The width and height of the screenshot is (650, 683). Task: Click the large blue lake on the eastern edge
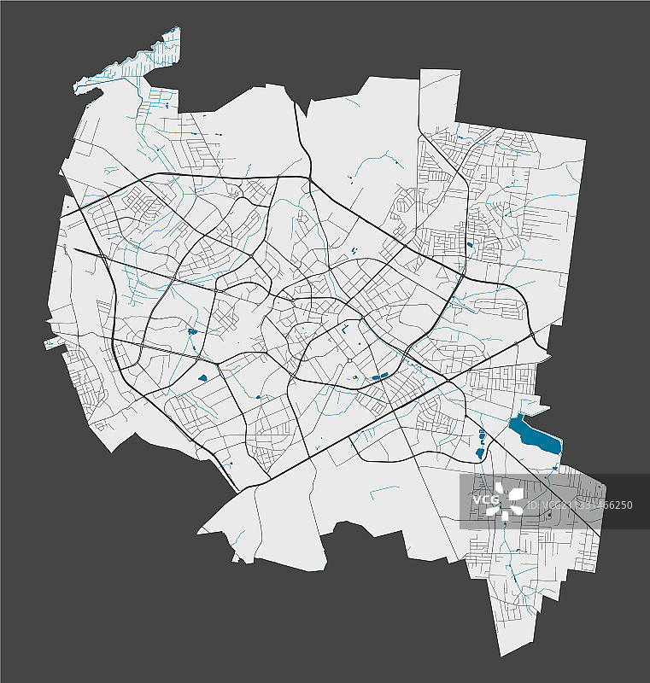click(534, 435)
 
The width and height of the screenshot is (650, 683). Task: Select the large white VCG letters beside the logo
click(485, 500)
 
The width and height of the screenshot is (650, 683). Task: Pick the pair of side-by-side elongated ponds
click(380, 377)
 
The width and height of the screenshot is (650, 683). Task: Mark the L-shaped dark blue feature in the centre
click(344, 328)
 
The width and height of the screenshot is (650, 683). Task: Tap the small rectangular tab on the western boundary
click(50, 344)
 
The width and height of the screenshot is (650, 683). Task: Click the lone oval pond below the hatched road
click(203, 377)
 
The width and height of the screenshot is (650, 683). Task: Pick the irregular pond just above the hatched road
click(191, 330)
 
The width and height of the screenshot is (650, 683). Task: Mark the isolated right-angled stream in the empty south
click(384, 490)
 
